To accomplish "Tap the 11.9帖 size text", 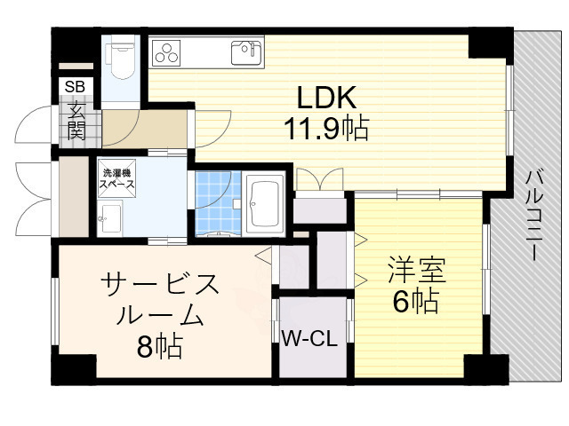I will coord(326,130).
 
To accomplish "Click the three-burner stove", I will coord(165,53).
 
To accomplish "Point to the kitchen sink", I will coord(246,53).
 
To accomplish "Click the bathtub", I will coord(263,204).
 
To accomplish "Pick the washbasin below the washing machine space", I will coord(111,215).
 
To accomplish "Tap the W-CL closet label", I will coord(309,338).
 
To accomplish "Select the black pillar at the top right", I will coord(487,42).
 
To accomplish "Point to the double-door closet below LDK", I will coord(319,209).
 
